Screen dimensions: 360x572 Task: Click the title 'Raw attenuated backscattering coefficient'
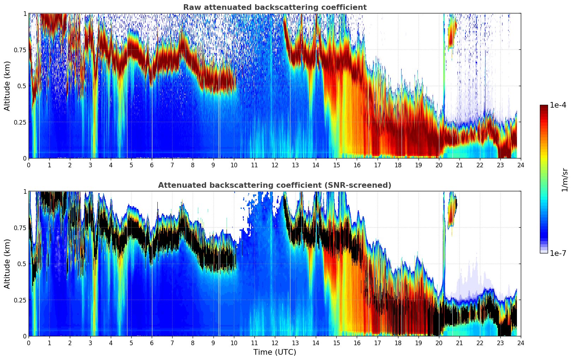pos(275,7)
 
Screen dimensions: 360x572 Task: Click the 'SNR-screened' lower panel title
pos(275,185)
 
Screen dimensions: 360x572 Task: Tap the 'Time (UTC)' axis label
pos(275,352)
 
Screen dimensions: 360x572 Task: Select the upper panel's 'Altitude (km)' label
pos(7,86)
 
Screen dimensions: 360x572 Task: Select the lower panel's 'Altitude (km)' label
pos(7,264)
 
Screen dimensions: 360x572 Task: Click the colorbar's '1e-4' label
pos(558,106)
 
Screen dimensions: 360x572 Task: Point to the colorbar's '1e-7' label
pos(558,253)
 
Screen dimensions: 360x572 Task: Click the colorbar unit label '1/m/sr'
pos(565,180)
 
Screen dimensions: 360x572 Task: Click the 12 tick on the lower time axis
pos(275,343)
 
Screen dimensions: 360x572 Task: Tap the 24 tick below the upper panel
pos(520,165)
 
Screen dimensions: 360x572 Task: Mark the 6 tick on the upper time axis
pos(152,165)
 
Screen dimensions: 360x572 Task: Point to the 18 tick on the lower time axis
pos(398,343)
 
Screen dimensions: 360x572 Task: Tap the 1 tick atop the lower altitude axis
pos(25,192)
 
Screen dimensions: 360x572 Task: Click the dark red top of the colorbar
pos(544,107)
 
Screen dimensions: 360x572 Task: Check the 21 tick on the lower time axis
pos(459,343)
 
